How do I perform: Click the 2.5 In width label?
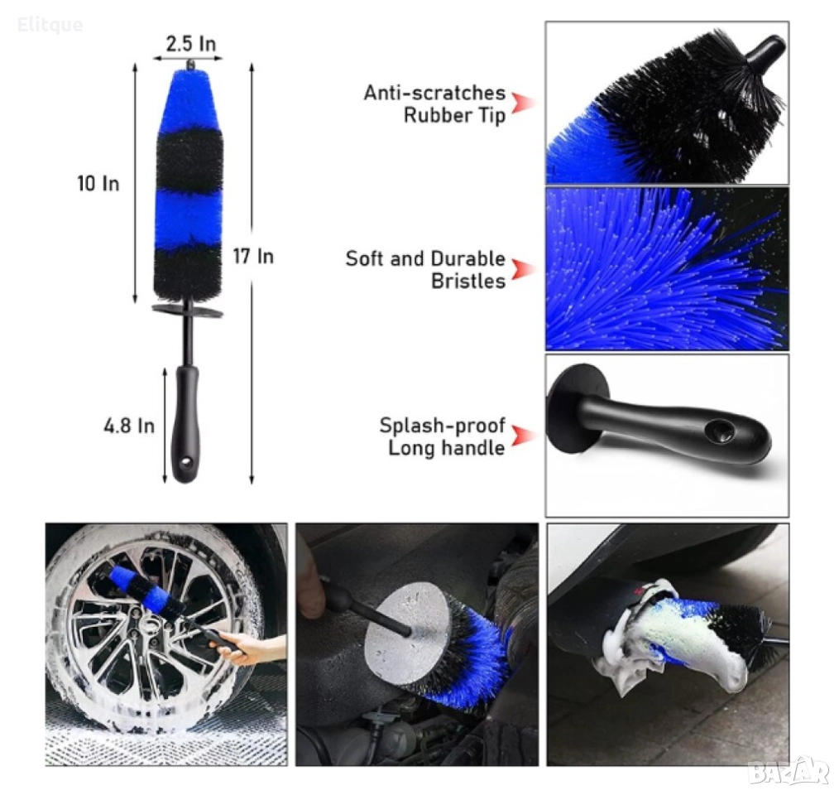pos(190,43)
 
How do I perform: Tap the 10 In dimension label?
pos(98,184)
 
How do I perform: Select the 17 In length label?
pos(253,256)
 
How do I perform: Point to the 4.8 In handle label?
pos(129,426)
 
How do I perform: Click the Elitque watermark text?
pos(50,25)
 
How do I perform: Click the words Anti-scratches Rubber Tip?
pos(434,104)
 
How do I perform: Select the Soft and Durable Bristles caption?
pos(425,269)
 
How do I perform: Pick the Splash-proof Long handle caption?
pos(442,436)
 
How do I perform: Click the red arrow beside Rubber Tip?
pos(522,103)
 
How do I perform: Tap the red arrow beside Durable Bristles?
pos(522,269)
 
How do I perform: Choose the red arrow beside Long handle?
pos(522,436)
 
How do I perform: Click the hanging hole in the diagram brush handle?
pos(186,460)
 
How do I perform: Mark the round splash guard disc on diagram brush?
pos(187,311)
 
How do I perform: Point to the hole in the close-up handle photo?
pos(720,430)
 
